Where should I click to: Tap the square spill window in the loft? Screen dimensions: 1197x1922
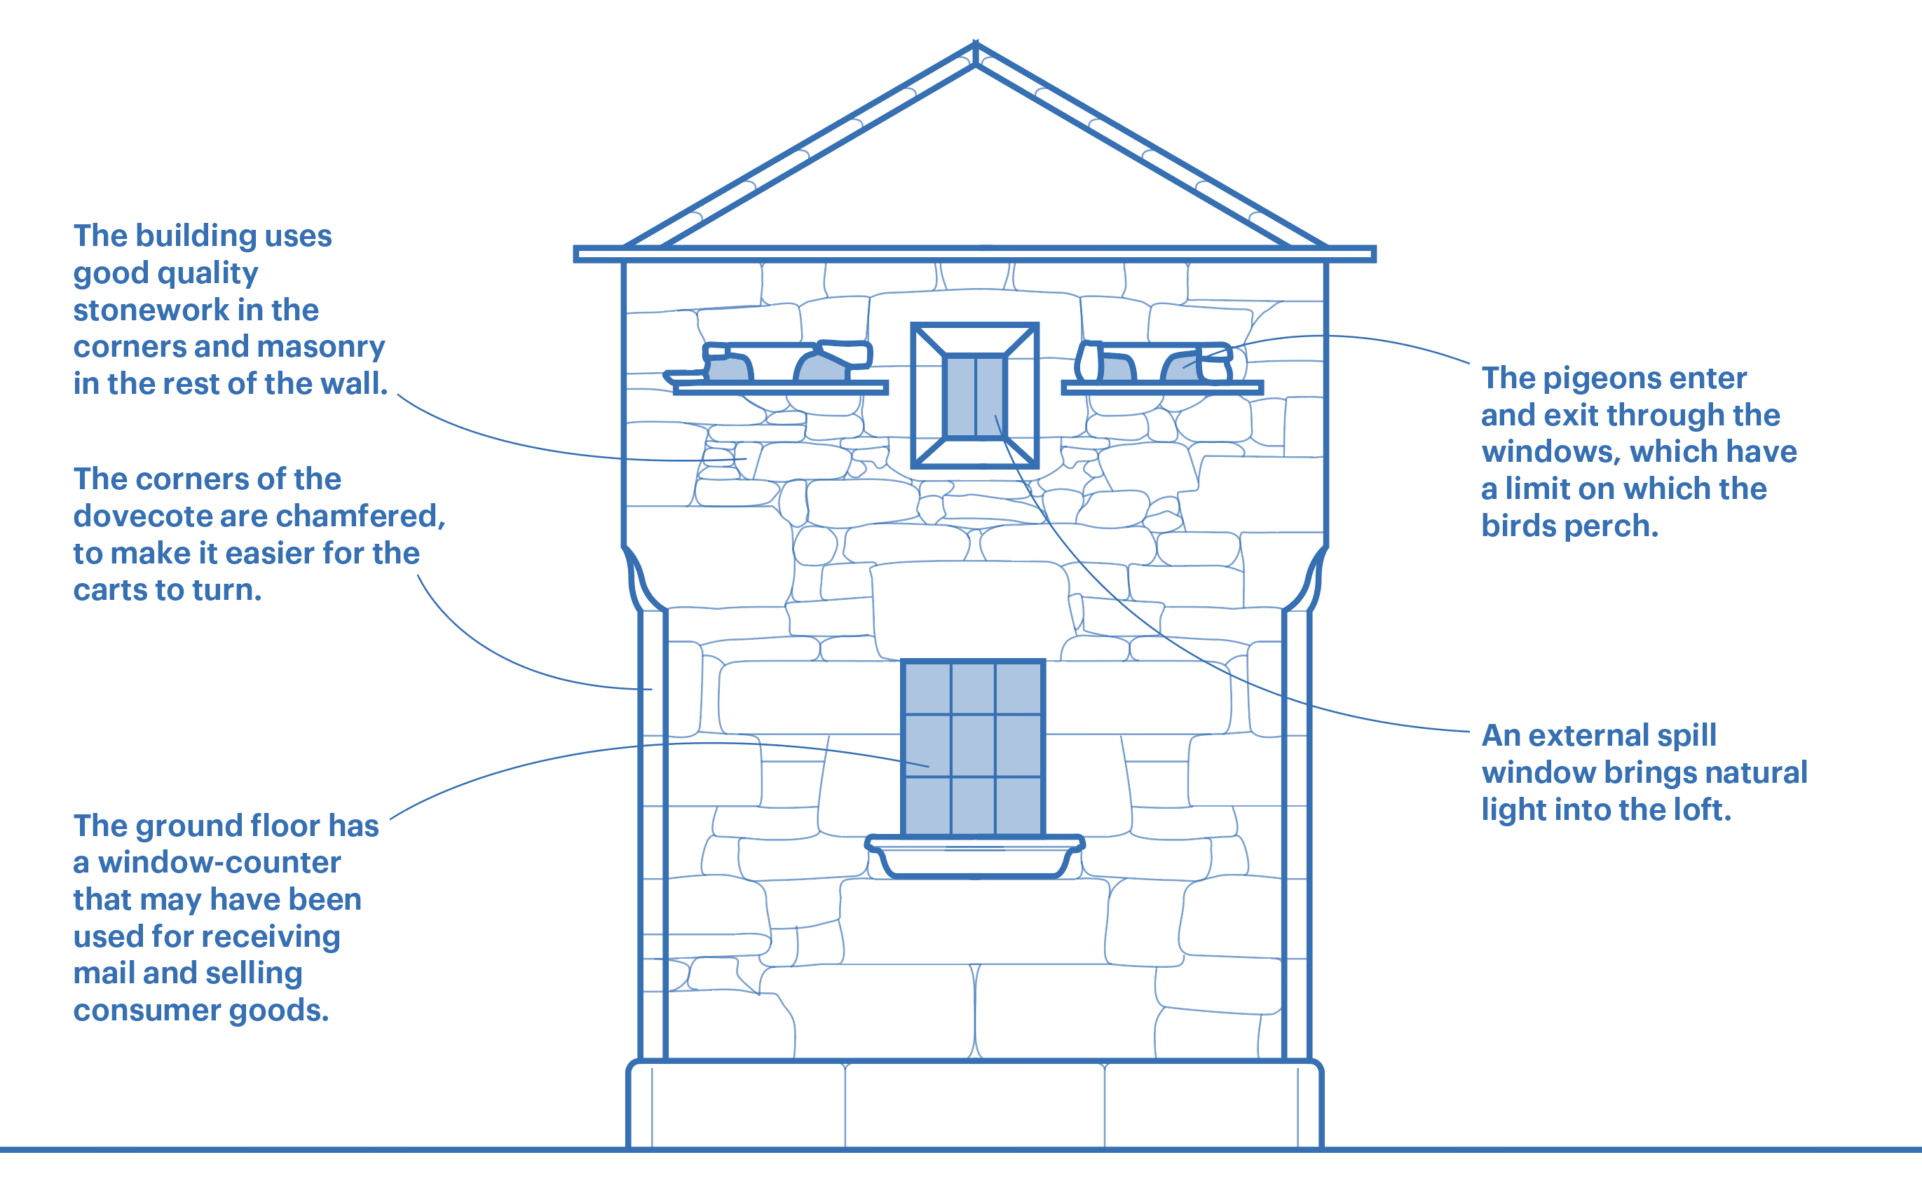click(974, 395)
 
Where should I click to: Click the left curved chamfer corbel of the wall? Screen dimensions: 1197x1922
click(643, 579)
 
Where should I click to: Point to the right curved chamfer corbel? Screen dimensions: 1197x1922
click(1307, 579)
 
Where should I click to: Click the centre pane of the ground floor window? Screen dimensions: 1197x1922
click(973, 746)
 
